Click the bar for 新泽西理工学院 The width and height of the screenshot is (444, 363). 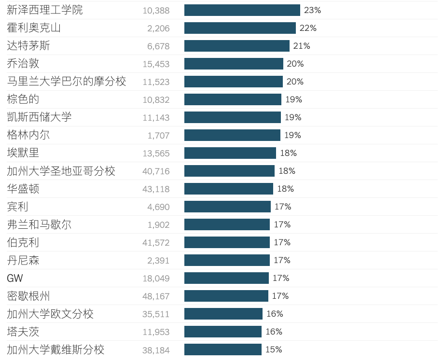coord(242,10)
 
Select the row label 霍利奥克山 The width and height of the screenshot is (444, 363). coord(34,28)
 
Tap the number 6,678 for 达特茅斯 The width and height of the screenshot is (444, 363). coord(158,46)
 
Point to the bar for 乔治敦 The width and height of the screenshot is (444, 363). coord(234,64)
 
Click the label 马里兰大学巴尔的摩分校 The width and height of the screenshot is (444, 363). coord(67,82)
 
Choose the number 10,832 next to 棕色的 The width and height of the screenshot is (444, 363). coord(156,100)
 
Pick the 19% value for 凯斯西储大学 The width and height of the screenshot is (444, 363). coord(293,117)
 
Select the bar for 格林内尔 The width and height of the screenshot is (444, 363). coord(232,135)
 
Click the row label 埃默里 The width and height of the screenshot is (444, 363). coord(23,153)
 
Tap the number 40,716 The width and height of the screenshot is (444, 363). coord(156,171)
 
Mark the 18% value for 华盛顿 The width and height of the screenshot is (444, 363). coord(285,189)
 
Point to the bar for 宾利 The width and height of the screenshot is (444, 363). coord(227,207)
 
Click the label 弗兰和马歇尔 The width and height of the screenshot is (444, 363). coord(39,224)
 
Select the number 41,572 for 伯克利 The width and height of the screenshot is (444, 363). coord(156,243)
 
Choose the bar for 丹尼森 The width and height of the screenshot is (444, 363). coord(227,260)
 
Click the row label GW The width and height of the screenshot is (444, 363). coord(15,279)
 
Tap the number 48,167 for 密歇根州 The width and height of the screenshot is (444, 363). coord(156,296)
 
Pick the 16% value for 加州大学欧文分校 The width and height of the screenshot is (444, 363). coord(275,314)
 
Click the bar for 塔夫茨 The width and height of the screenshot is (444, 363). coord(223,332)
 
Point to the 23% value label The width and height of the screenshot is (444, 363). coord(312,10)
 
